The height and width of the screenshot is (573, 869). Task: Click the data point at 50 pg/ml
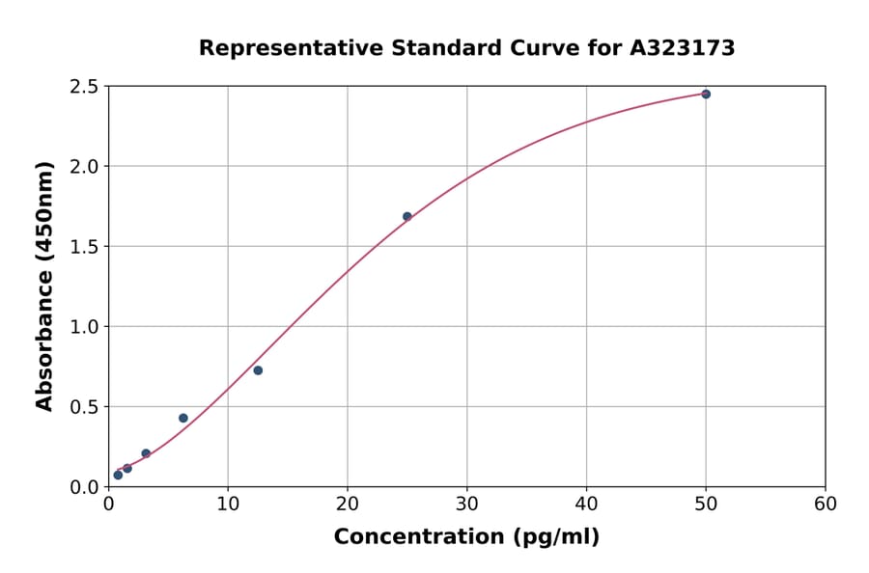coord(706,94)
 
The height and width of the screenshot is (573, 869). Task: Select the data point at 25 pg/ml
coord(407,216)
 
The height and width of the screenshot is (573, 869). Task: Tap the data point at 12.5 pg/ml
coord(258,370)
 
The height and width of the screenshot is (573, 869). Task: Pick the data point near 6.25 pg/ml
coord(183,418)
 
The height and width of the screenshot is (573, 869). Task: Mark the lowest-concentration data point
coord(118,475)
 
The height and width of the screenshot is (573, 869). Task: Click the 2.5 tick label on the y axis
coord(84,87)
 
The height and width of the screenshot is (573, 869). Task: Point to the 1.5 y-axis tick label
coord(84,247)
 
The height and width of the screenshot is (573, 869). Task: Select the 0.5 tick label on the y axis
coord(84,407)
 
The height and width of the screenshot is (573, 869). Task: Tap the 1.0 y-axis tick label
coord(84,327)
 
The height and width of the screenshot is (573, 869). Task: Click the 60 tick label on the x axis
coord(826,504)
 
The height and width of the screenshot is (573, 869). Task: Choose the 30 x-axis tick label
coord(467,504)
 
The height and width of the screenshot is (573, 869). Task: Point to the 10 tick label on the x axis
coord(228,504)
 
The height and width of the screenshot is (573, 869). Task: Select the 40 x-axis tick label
coord(586,504)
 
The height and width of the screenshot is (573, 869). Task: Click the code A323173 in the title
coord(683,48)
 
